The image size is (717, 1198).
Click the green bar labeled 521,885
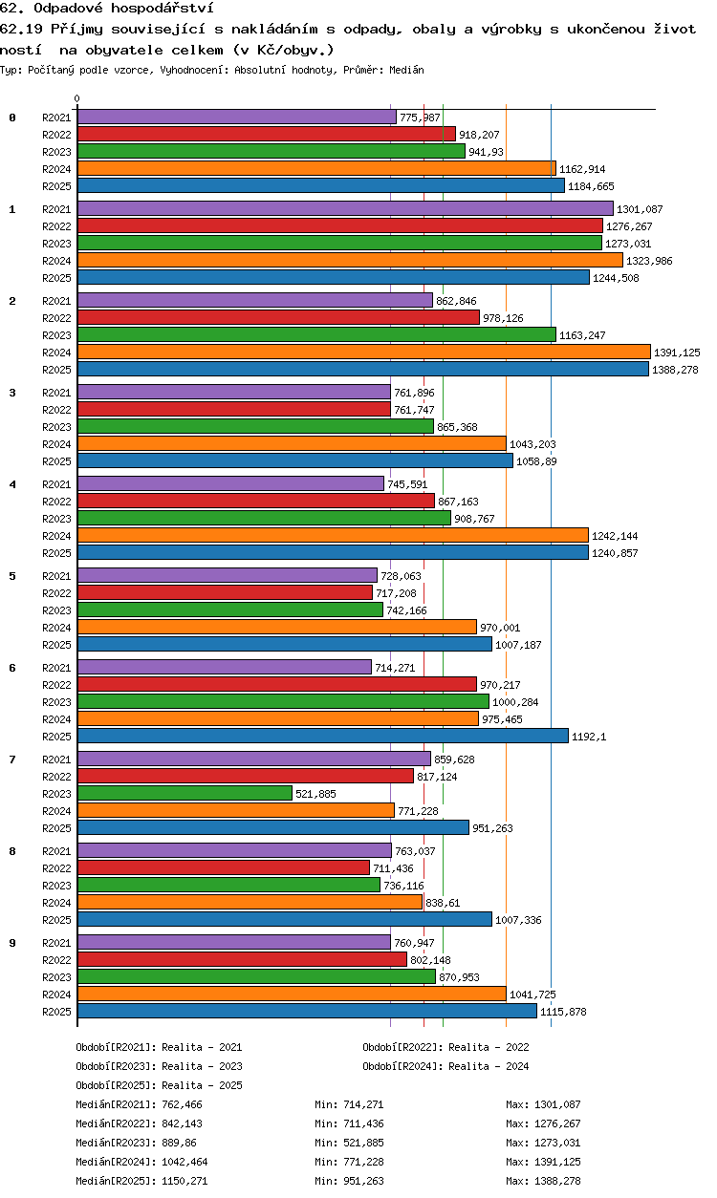pyautogui.click(x=185, y=793)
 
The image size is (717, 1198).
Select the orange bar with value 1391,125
pyautogui.click(x=364, y=352)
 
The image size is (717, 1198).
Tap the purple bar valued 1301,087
pyautogui.click(x=345, y=208)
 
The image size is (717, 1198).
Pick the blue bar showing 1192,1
pyautogui.click(x=323, y=736)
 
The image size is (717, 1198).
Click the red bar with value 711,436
pyautogui.click(x=224, y=867)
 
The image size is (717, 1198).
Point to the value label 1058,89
pyautogui.click(x=536, y=461)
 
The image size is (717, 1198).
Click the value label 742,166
pyautogui.click(x=406, y=610)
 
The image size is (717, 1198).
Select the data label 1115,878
pyautogui.click(x=563, y=1012)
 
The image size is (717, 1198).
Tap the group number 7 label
pyautogui.click(x=12, y=759)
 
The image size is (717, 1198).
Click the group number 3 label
pyautogui.click(x=12, y=393)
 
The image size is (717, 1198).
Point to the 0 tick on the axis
pyautogui.click(x=77, y=98)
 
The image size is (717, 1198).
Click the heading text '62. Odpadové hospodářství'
pyautogui.click(x=107, y=8)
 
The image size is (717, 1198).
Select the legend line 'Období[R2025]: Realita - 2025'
pyautogui.click(x=159, y=1085)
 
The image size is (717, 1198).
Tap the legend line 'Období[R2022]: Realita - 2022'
pyautogui.click(x=445, y=1047)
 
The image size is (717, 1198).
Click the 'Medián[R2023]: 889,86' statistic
pyautogui.click(x=136, y=1143)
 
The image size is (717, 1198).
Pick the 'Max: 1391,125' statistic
pyautogui.click(x=543, y=1162)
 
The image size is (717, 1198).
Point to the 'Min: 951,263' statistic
pyautogui.click(x=349, y=1181)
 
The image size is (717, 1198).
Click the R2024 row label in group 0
pyautogui.click(x=56, y=169)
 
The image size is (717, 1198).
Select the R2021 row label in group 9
pyautogui.click(x=56, y=943)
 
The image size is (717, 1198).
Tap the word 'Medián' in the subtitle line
pyautogui.click(x=406, y=70)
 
